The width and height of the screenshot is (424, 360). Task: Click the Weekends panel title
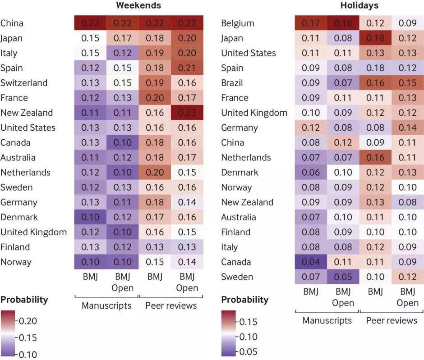coord(138,6)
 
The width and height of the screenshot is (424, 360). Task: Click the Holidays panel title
coord(359,6)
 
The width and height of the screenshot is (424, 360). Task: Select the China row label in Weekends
coord(12,23)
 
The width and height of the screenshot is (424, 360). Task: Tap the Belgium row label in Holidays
coord(237,23)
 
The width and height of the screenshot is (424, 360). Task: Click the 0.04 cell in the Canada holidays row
coord(311,262)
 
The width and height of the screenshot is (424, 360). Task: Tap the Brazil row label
coord(232,83)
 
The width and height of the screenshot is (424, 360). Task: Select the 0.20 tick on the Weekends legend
coord(28,321)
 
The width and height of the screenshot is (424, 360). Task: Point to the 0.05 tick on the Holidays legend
coord(248,351)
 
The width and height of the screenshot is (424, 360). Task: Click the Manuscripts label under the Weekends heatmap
coord(106,305)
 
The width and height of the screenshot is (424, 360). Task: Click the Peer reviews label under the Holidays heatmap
coord(392,320)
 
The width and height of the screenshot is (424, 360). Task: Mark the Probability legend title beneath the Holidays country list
coord(245,300)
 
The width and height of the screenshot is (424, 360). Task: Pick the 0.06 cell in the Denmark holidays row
coord(311,173)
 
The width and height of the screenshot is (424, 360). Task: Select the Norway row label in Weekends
coord(15,262)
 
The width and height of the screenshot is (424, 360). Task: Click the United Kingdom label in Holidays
coord(254,113)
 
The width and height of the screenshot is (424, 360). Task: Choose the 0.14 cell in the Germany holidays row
coord(408,128)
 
